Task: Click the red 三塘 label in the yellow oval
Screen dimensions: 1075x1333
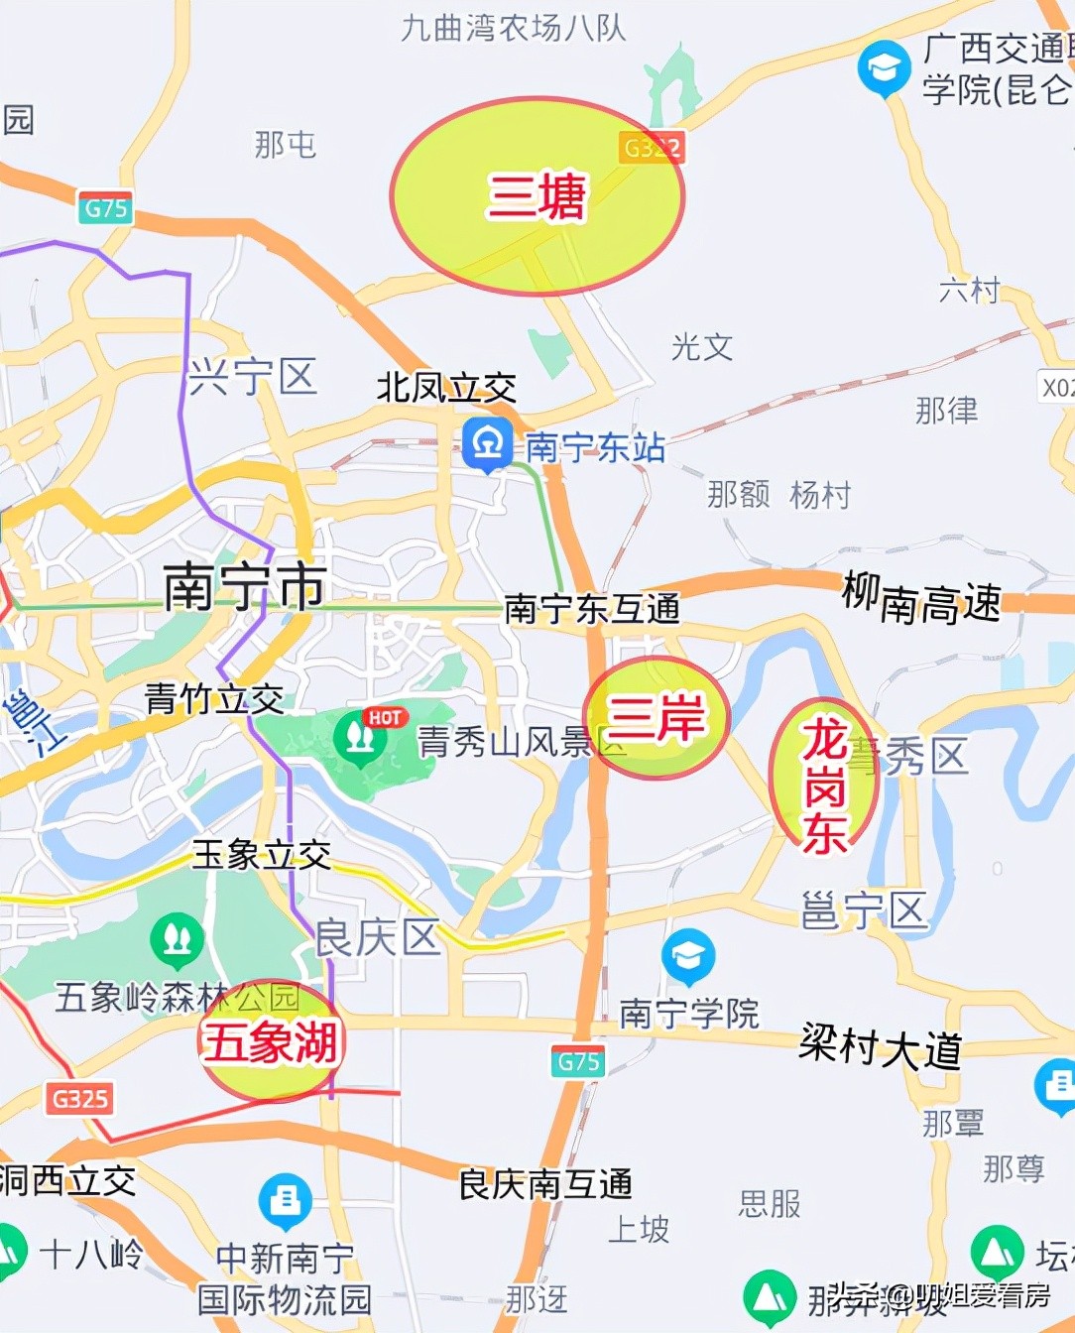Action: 537,195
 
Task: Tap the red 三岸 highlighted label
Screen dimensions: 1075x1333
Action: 657,716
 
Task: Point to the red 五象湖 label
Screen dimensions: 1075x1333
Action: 270,1042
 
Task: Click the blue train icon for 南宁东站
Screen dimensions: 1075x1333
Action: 487,443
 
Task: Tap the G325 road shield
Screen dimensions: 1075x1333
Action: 80,1099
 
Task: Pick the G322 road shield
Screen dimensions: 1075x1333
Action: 652,148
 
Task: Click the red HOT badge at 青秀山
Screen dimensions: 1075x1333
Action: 385,717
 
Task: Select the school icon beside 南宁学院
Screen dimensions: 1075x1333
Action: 688,956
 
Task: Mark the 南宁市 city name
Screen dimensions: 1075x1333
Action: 244,586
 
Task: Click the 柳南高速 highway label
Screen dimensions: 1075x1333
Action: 921,598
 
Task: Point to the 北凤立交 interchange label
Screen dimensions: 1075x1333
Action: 446,388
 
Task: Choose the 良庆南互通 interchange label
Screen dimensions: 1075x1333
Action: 545,1183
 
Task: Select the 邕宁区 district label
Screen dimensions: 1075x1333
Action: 864,910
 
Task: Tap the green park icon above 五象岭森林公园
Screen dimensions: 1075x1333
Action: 178,939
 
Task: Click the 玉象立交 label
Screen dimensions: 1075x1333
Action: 262,854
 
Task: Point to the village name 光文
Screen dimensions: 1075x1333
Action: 702,347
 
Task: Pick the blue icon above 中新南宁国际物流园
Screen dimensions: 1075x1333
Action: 285,1201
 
